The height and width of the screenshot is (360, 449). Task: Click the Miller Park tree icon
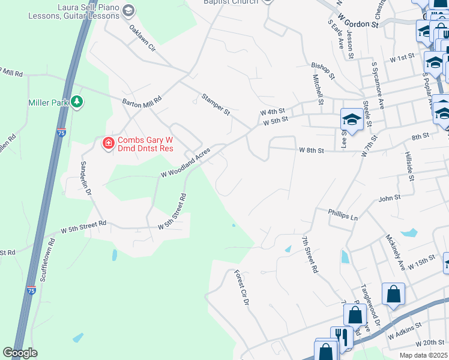[x=76, y=102]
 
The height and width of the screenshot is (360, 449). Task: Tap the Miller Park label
[x=48, y=103]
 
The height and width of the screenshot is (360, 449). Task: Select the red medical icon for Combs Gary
[x=108, y=142]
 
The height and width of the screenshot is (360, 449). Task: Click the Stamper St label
[x=216, y=104]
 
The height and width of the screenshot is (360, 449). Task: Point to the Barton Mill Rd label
[x=142, y=103]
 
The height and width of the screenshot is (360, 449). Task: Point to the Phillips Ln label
[x=343, y=214]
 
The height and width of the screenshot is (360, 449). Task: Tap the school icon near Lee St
[x=351, y=119]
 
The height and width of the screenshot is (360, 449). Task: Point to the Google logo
[x=20, y=353]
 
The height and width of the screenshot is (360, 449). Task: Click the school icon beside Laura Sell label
[x=128, y=10]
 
